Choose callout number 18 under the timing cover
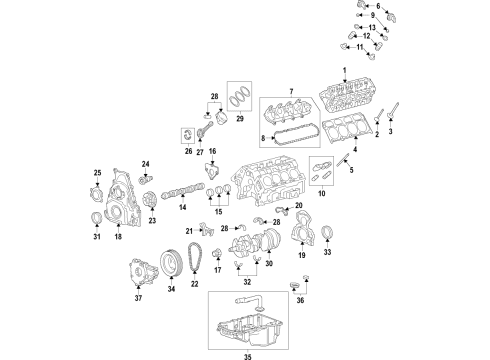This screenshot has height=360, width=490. (x=117, y=239)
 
